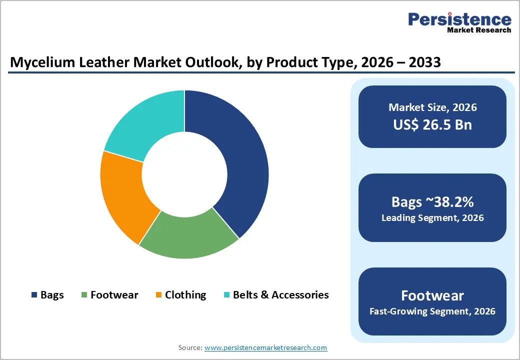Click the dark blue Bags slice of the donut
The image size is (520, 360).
point(235,160)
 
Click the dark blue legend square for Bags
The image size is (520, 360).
point(34,295)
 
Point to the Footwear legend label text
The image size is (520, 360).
point(114,295)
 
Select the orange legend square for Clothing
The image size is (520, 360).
point(158,295)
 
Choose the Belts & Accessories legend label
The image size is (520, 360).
point(280,295)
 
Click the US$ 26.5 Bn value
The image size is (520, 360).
point(432,124)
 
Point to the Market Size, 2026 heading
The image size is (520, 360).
point(432,107)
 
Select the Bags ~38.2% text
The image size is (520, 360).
point(432,202)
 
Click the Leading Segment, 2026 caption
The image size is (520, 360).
point(432,218)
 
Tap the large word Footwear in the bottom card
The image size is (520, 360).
point(432,295)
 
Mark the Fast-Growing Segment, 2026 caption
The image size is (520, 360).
point(432,311)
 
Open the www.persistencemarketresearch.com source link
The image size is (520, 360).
point(265,347)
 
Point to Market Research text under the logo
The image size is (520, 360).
point(478,30)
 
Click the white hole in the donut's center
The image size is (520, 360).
point(184,174)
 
